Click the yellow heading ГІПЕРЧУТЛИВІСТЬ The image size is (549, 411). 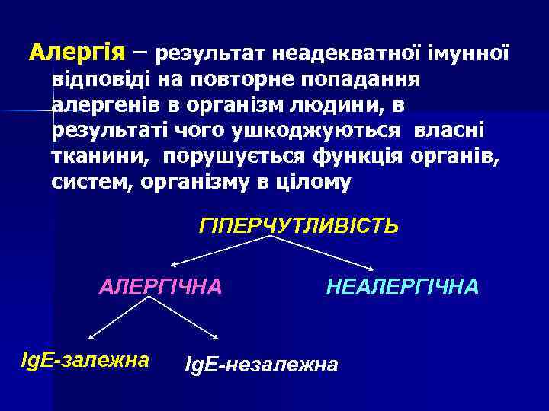click(298, 226)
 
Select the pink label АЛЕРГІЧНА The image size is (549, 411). click(161, 286)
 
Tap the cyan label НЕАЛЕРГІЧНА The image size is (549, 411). click(403, 286)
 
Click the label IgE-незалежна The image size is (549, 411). click(262, 365)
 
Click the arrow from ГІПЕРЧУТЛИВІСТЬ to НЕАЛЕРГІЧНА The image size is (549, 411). click(324, 253)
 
